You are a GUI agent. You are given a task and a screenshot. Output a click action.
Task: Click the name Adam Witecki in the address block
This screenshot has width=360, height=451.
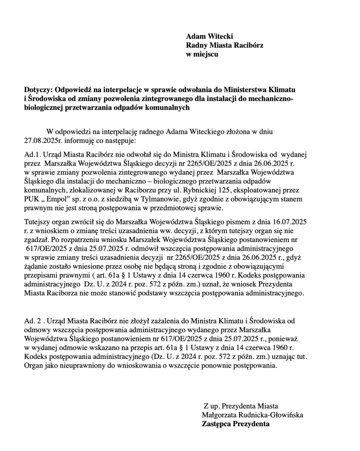[x=209, y=36]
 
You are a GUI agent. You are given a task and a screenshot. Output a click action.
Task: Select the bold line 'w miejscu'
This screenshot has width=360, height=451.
[x=202, y=54]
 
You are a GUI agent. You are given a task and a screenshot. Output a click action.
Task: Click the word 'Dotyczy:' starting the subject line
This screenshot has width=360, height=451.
[x=38, y=90]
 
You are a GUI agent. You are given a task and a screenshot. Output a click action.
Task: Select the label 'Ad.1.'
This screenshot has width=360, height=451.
[x=32, y=154]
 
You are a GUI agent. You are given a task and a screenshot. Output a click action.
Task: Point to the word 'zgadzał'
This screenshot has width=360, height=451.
[x=37, y=239]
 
